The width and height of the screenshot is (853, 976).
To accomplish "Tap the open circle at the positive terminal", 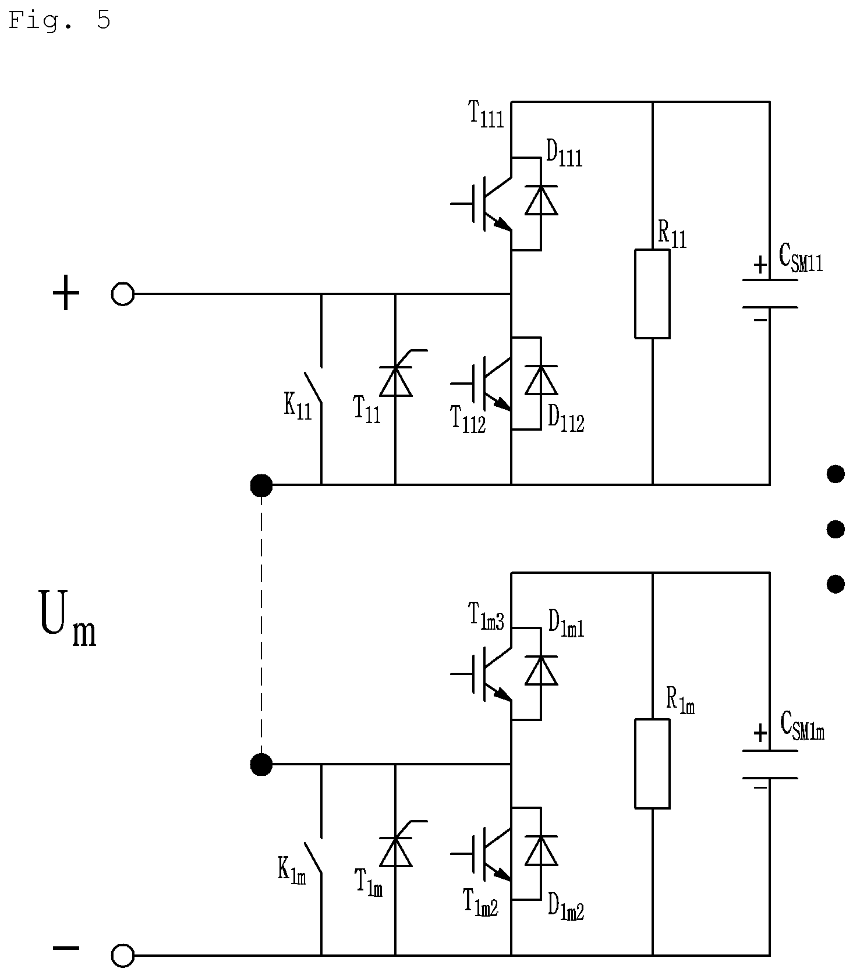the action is click(x=123, y=294).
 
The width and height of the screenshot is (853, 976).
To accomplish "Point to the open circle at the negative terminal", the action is click(x=123, y=955).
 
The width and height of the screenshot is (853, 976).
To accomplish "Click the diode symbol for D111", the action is click(x=541, y=200).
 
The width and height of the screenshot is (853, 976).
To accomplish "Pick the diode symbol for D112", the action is click(x=541, y=380).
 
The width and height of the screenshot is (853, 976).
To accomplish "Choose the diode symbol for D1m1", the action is click(x=541, y=670).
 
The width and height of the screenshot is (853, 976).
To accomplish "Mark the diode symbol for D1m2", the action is click(x=541, y=850).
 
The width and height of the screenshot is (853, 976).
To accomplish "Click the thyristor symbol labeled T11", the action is click(x=396, y=381).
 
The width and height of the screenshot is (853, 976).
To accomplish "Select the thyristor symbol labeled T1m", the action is click(x=396, y=851).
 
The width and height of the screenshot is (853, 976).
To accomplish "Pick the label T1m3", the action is click(x=486, y=616).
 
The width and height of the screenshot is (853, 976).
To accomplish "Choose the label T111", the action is click(x=486, y=113).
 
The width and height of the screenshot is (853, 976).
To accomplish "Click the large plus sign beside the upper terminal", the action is click(x=66, y=293).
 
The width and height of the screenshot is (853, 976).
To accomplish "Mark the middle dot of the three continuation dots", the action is click(x=836, y=529).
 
